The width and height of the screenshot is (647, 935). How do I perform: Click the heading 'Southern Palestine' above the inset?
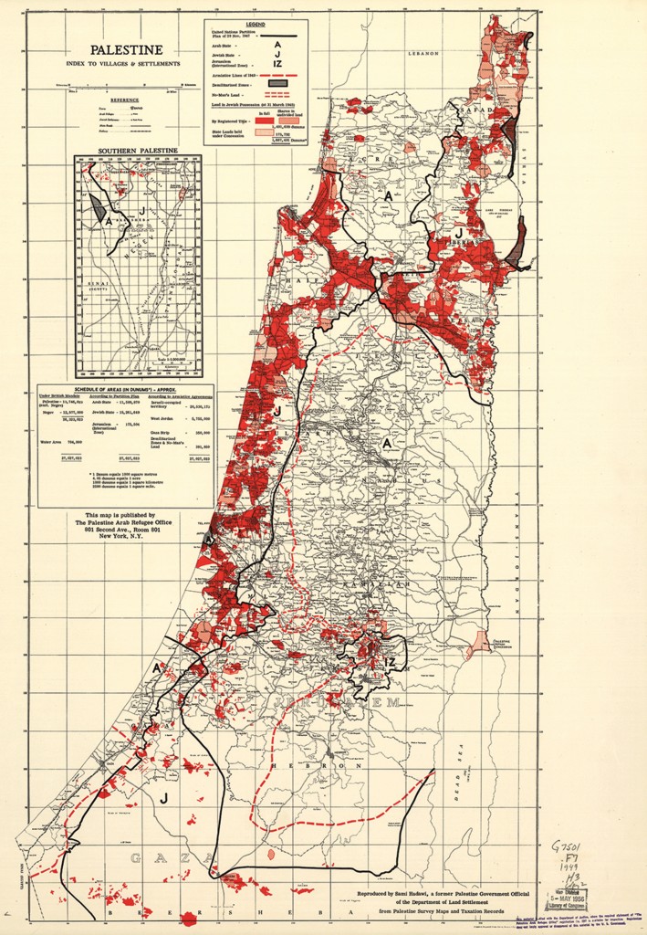[138, 150]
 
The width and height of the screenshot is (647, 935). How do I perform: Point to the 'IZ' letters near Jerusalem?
[390, 660]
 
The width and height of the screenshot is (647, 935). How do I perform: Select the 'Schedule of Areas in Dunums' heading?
[125, 389]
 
